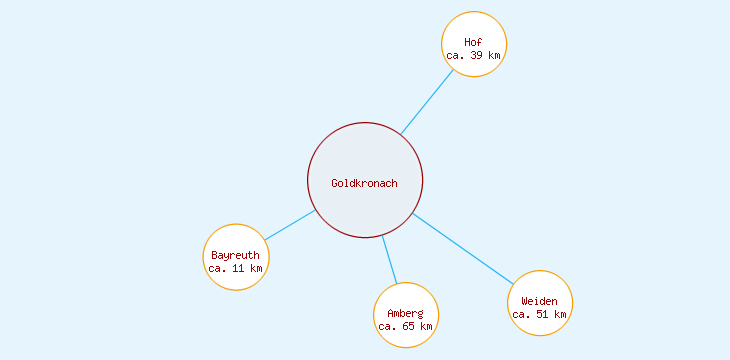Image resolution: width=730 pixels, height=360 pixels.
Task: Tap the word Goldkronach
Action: coord(365,183)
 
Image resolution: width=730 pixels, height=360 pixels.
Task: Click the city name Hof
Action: coord(474,42)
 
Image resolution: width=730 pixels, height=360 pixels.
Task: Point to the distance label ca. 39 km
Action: coord(474,56)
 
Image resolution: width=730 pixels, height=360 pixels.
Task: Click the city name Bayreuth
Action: coord(236,255)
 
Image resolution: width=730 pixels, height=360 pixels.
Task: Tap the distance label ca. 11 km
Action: coord(236,269)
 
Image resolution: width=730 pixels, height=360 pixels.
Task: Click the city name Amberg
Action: coord(406,314)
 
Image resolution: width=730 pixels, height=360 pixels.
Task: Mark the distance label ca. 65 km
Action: coord(406,327)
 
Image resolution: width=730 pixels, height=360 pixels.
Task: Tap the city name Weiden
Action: coord(540,301)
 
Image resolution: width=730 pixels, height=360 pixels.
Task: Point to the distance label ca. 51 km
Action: coord(540,315)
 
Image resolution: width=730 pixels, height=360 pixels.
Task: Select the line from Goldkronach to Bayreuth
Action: coord(290,225)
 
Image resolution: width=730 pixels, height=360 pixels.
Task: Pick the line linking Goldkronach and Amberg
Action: coord(390,260)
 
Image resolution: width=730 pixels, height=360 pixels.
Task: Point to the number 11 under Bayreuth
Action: coord(238,269)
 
